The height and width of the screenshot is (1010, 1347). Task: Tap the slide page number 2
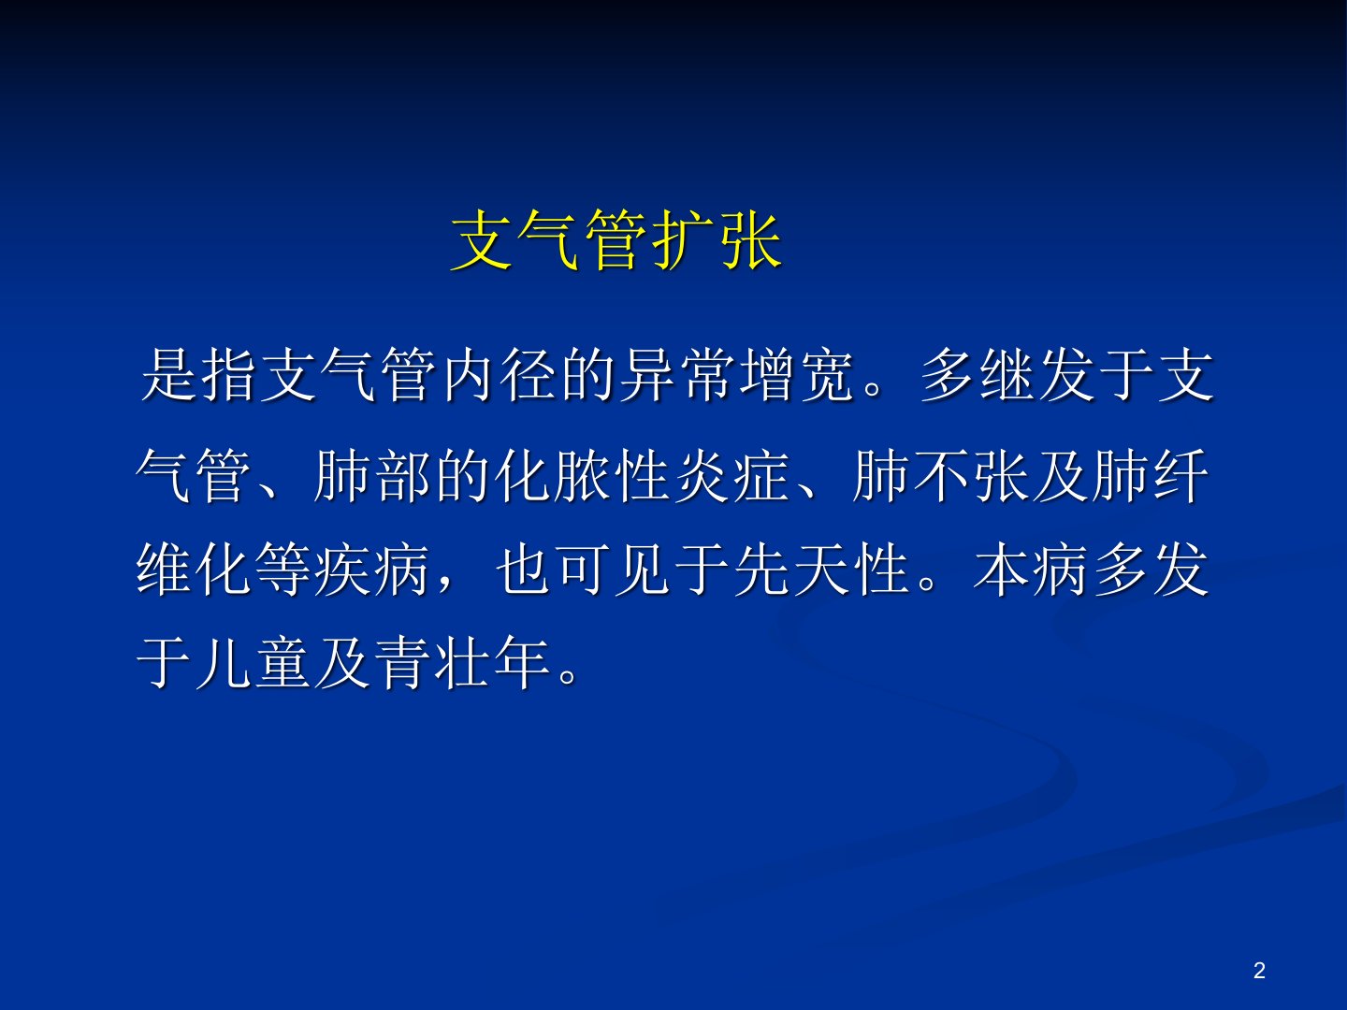click(x=1259, y=970)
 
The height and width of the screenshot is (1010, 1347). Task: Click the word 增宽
click(x=796, y=375)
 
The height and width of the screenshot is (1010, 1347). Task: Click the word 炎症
click(x=731, y=476)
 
